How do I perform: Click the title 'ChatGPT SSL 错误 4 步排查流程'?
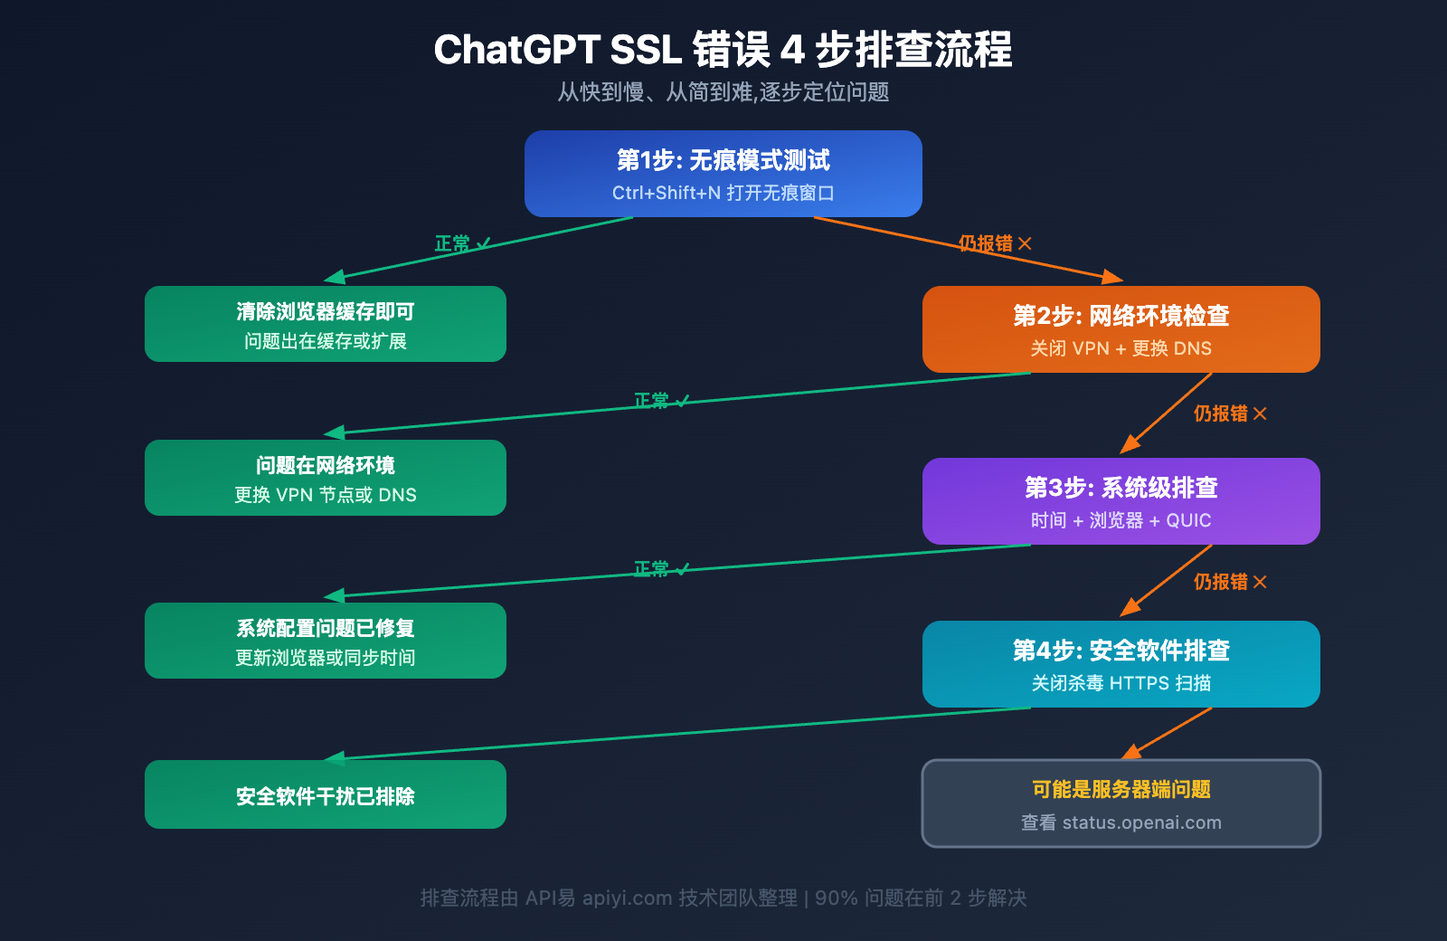pos(723,50)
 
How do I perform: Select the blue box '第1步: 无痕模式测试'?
pos(723,173)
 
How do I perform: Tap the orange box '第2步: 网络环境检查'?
pos(1121,328)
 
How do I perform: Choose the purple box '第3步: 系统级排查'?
pos(1121,500)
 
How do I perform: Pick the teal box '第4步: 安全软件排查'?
pos(1121,663)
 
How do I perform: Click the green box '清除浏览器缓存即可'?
pos(325,323)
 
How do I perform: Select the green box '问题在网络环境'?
pos(325,477)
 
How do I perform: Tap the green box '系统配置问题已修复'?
pos(325,640)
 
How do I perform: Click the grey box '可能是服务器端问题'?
pos(1121,803)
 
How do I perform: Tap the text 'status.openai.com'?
pos(1141,822)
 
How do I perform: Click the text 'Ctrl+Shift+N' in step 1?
pos(667,193)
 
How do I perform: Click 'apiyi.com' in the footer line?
pos(627,898)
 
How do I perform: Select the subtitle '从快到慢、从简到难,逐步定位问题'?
pos(723,92)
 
